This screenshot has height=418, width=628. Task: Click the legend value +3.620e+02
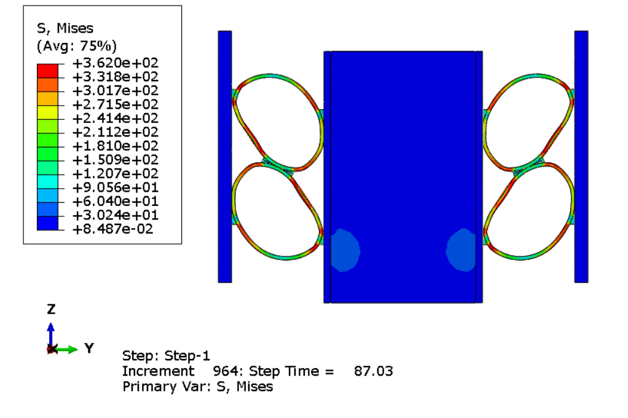click(x=116, y=63)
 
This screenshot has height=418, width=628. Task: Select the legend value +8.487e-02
click(x=112, y=229)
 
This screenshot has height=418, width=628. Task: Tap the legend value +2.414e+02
click(x=116, y=118)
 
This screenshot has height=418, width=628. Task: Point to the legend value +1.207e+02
click(x=116, y=173)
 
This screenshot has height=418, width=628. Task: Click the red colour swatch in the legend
click(x=48, y=71)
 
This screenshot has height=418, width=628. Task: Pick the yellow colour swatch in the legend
click(x=48, y=112)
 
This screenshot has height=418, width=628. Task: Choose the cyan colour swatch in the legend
click(x=48, y=181)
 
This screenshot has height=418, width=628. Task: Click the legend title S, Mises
click(x=65, y=28)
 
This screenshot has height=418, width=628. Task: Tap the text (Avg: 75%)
click(x=76, y=46)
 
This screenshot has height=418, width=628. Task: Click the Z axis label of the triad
click(x=51, y=309)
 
